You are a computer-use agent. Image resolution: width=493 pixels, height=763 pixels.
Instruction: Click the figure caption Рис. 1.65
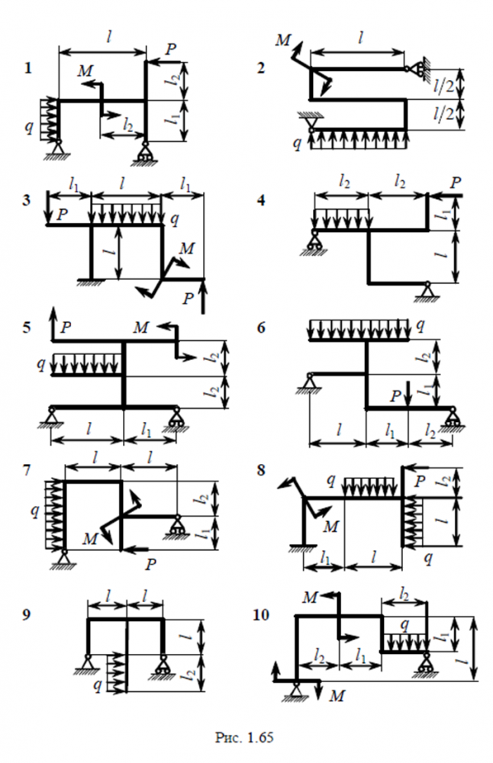coord(246,739)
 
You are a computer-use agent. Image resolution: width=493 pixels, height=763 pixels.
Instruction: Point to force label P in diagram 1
coord(172,48)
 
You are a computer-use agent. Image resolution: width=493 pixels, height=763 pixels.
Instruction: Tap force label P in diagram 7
coord(151,565)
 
